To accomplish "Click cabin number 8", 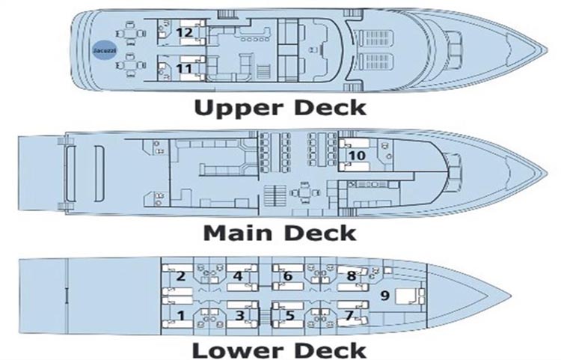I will [351, 275].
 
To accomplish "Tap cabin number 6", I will [287, 275].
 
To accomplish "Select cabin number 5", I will [290, 315].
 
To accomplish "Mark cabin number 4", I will [238, 275].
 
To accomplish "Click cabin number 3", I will [239, 315].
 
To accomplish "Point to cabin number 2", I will [180, 275].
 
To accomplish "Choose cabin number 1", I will [180, 315].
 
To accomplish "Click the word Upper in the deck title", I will [233, 109].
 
